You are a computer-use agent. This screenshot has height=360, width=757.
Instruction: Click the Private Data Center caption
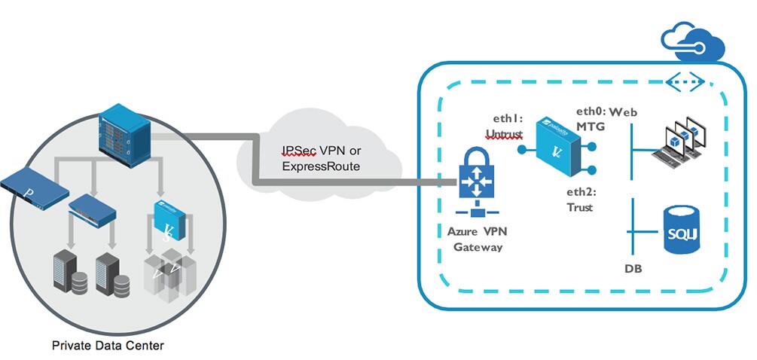click(108, 346)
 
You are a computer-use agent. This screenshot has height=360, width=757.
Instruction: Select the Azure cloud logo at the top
click(691, 42)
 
